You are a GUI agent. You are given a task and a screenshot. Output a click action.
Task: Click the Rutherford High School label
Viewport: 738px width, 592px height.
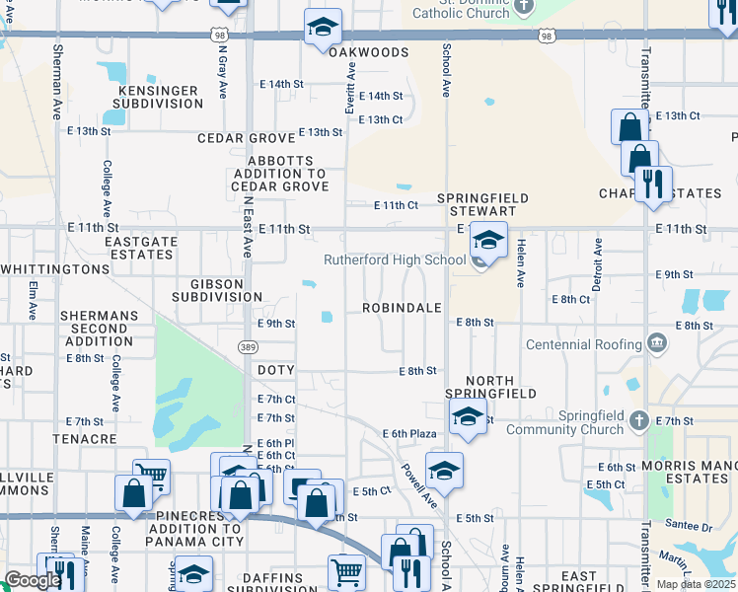[x=395, y=260]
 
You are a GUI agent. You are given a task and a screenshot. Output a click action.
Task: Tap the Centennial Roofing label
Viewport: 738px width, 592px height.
[x=584, y=344]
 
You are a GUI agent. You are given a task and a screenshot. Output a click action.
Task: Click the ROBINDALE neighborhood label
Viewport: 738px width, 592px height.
[x=401, y=308]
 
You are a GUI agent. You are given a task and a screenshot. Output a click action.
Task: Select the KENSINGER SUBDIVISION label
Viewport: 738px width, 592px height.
[x=159, y=97]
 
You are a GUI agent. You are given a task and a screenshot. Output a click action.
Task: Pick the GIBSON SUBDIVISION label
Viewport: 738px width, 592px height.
[x=217, y=290]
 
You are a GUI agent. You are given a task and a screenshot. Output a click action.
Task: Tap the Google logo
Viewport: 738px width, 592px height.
[x=33, y=580]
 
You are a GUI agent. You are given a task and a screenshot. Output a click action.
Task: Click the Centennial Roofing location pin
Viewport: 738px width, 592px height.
[x=657, y=344]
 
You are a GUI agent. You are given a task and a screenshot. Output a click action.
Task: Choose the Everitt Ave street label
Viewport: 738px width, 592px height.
[x=349, y=86]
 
